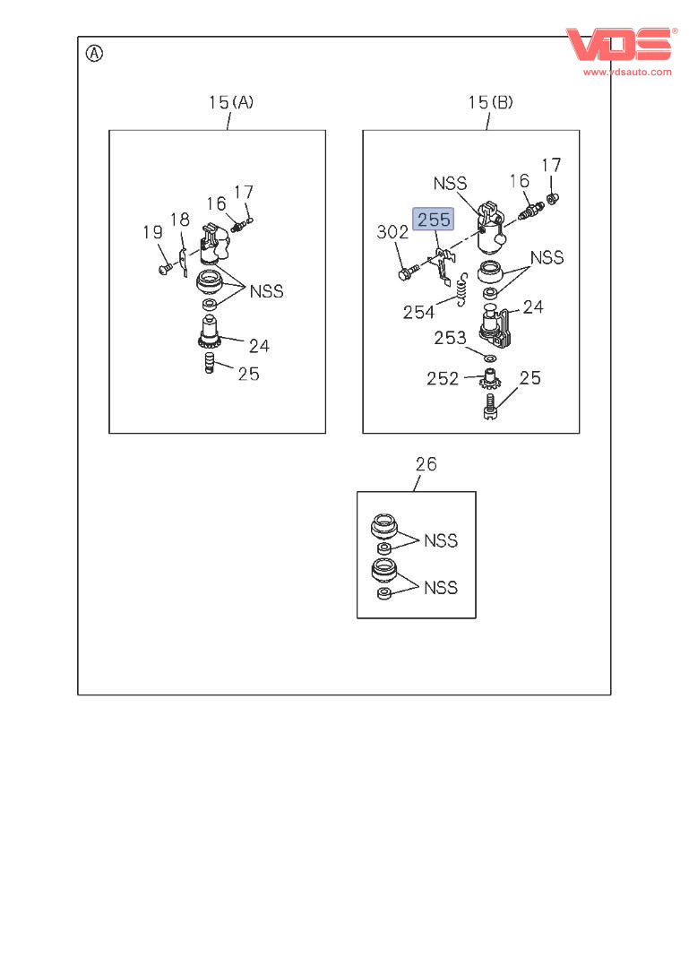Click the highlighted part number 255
[433, 220]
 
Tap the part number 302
[392, 232]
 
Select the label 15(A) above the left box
[231, 102]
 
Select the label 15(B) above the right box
[490, 102]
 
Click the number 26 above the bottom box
[426, 464]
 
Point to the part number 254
[418, 311]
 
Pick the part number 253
[450, 338]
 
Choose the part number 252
[443, 378]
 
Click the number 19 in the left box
[152, 233]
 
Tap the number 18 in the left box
[179, 220]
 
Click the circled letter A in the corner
[94, 53]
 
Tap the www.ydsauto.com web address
[627, 72]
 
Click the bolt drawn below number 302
[408, 272]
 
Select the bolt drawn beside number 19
[164, 267]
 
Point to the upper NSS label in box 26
[440, 540]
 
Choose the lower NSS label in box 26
[440, 588]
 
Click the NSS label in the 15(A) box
[266, 291]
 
